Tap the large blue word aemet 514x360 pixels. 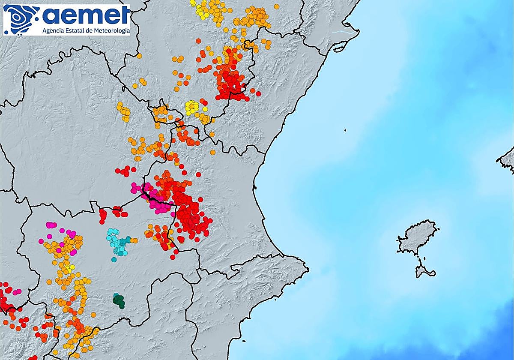[x=86, y=16]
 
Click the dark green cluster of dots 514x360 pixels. [x=119, y=300]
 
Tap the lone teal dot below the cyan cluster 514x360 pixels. [x=114, y=259]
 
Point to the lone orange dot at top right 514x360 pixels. [x=277, y=6]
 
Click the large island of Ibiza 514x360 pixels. [x=417, y=237]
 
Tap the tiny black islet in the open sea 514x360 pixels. [x=345, y=130]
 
